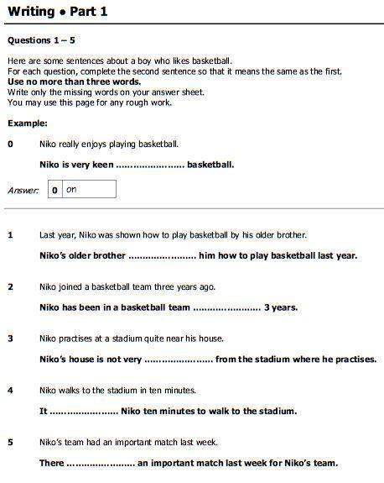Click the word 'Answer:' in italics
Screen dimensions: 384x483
pyautogui.click(x=23, y=191)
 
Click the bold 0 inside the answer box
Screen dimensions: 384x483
pyautogui.click(x=54, y=191)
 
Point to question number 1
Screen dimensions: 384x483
pyautogui.click(x=11, y=235)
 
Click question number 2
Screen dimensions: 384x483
pyautogui.click(x=11, y=287)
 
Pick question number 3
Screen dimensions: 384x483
pyautogui.click(x=11, y=339)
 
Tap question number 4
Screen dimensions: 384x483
pyautogui.click(x=11, y=391)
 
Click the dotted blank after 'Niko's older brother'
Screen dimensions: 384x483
pyautogui.click(x=162, y=255)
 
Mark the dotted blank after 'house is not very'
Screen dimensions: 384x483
pyautogui.click(x=178, y=360)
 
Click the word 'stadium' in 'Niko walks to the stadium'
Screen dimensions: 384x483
pyautogui.click(x=123, y=391)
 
